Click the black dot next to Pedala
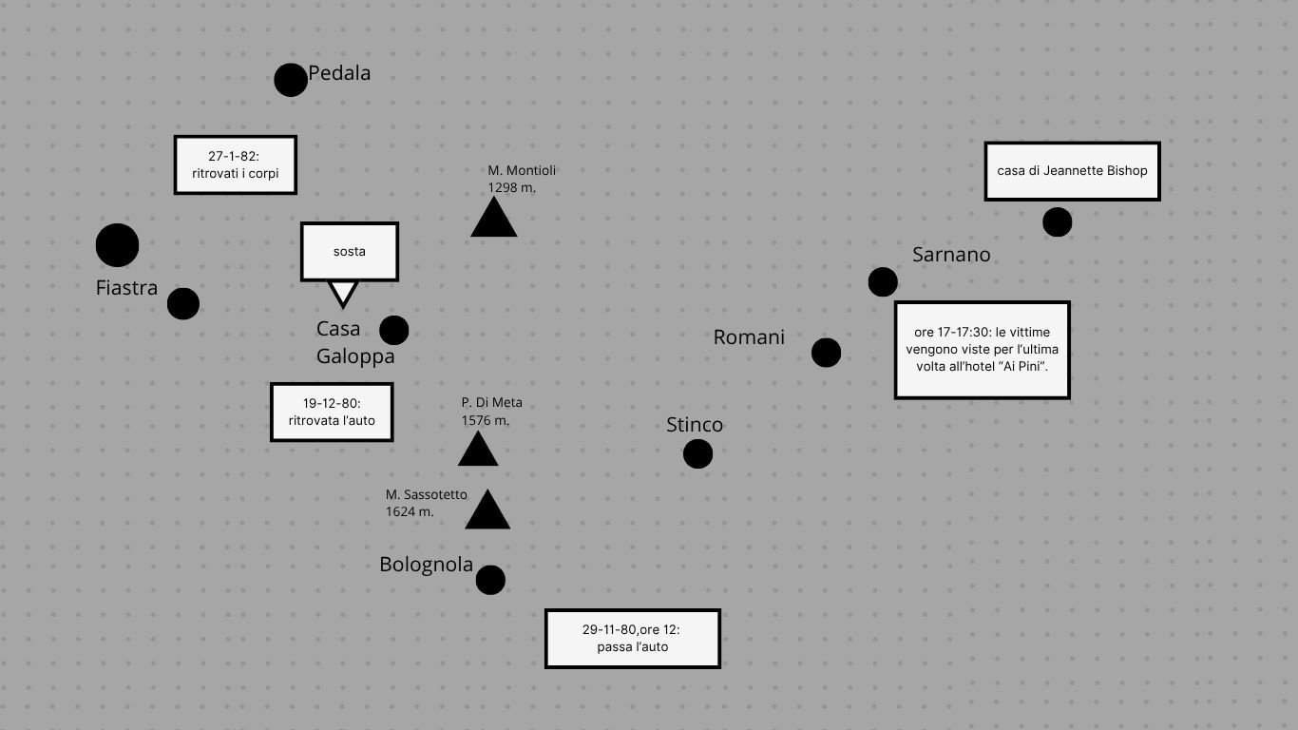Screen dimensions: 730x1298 291,81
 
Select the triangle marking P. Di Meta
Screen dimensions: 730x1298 478,451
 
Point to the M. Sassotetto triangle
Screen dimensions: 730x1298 487,511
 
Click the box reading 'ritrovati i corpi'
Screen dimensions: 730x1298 236,165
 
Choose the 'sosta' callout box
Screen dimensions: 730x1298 350,252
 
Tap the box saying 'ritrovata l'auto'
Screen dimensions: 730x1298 332,413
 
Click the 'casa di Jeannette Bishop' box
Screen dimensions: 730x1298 1072,171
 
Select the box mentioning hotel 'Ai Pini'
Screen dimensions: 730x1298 983,350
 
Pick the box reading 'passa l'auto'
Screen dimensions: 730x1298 633,639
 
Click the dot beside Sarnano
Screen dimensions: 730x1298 883,282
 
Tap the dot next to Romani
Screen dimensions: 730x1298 827,353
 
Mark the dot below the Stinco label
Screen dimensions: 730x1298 697,454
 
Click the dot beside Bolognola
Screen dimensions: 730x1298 490,580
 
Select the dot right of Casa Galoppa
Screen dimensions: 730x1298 394,331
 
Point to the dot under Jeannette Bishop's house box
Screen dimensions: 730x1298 1058,222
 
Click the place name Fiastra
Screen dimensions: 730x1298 126,287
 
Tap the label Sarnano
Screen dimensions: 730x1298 951,255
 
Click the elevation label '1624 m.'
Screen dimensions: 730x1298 410,511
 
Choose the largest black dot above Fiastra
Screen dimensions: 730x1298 118,245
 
